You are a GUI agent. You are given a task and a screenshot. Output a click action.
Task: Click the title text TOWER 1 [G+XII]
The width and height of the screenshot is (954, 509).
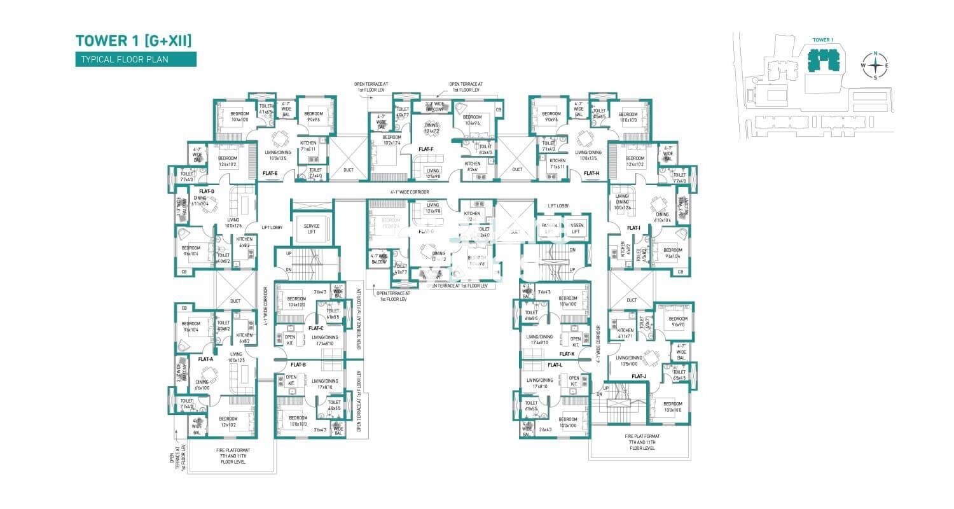click(134, 41)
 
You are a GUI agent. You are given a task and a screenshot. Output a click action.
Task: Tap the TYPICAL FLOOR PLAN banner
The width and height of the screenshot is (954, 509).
click(135, 60)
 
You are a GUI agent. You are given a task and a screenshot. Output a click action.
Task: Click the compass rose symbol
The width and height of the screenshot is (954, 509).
click(875, 64)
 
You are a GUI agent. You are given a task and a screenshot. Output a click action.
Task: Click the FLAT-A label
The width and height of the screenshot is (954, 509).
click(205, 359)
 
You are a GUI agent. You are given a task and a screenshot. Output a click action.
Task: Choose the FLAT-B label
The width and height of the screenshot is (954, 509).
click(298, 365)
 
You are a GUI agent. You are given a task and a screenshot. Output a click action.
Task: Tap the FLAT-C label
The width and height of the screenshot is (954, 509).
click(316, 328)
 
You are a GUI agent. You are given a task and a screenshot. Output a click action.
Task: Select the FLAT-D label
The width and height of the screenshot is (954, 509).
click(206, 192)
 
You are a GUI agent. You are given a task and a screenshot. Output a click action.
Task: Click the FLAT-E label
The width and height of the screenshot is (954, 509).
click(270, 173)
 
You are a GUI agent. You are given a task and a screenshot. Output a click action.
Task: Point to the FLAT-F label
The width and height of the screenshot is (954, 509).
click(426, 150)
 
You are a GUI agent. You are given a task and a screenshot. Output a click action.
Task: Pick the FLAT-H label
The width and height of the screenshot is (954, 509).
click(591, 173)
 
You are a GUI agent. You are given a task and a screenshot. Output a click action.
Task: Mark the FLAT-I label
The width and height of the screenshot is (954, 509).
click(633, 228)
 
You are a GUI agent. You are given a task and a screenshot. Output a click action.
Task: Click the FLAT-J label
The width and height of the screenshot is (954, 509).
click(639, 376)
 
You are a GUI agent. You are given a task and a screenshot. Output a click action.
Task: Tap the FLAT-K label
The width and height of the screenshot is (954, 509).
click(567, 354)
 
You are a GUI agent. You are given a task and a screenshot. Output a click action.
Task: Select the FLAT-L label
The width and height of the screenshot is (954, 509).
click(555, 365)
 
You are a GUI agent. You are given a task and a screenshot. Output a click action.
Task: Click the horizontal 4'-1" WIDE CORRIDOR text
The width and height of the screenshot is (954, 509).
click(410, 192)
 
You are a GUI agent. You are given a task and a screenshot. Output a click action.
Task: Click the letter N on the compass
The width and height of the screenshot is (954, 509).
click(875, 53)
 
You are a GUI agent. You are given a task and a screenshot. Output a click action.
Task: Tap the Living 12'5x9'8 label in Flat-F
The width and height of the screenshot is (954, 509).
click(432, 173)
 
